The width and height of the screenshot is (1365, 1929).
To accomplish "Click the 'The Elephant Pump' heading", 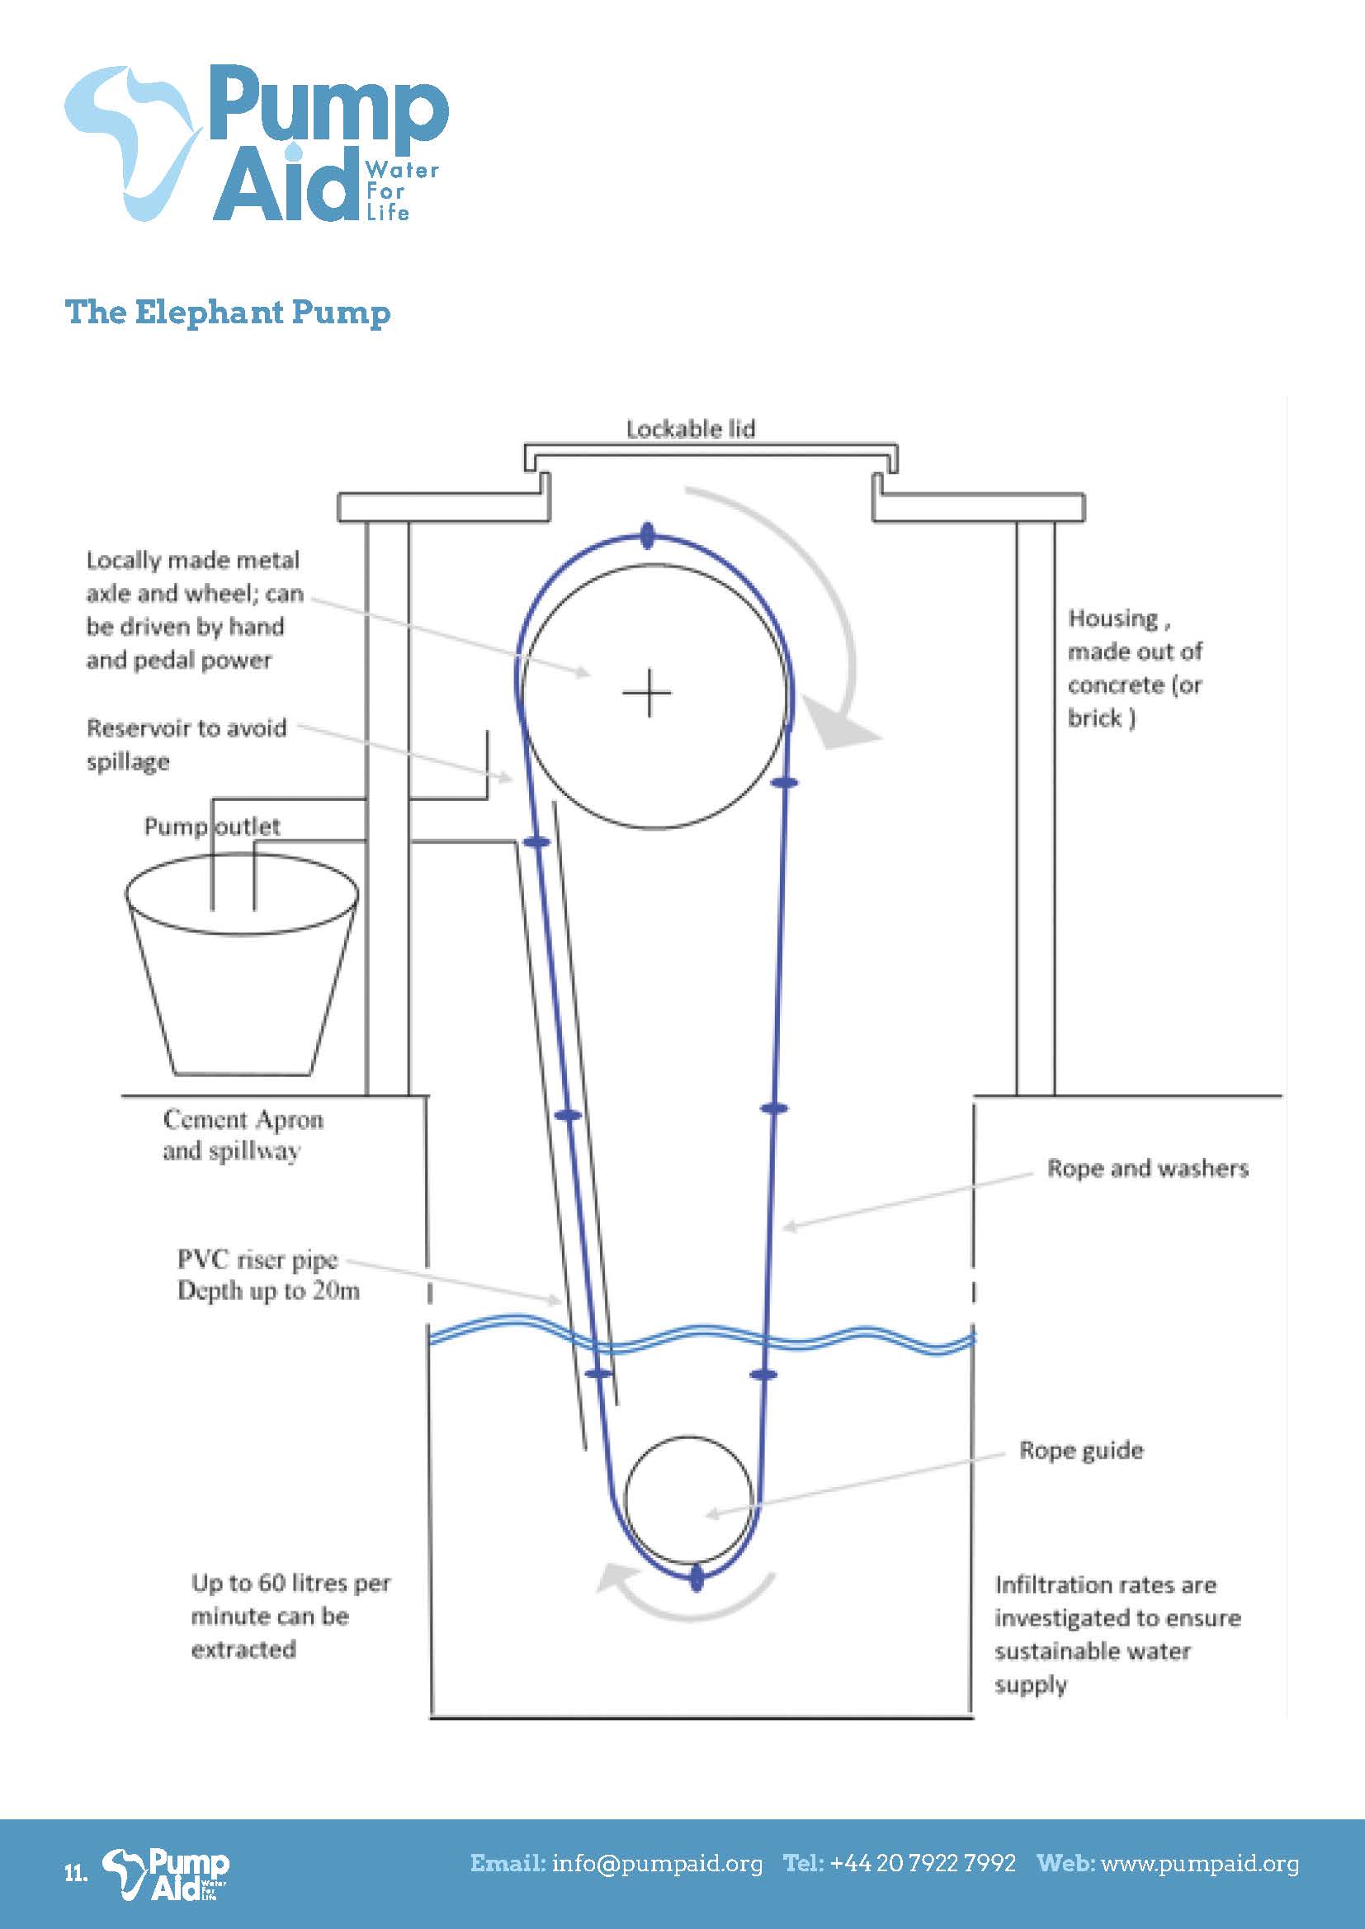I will tap(228, 312).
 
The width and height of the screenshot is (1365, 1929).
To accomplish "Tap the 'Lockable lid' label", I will tap(690, 430).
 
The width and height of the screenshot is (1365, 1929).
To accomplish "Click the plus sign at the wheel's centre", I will tap(647, 694).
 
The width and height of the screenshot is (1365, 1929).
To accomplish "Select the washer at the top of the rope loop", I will tap(646, 535).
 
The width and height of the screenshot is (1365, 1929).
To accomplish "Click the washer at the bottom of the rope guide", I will tap(696, 1577).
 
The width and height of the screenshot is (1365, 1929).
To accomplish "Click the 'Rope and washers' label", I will tap(1146, 1169).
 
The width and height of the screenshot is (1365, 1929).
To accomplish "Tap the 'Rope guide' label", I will tap(1081, 1450).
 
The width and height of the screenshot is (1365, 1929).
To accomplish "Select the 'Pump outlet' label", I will tap(212, 826).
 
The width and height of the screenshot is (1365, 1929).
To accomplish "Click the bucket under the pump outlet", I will tap(242, 983).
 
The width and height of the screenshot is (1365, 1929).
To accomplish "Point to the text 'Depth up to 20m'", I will tap(268, 1291).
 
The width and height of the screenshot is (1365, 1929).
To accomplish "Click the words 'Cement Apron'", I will tap(243, 1120).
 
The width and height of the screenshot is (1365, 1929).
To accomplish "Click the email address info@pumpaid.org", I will tap(657, 1864).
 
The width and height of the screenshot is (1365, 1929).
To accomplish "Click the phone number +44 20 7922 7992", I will tap(922, 1864).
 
